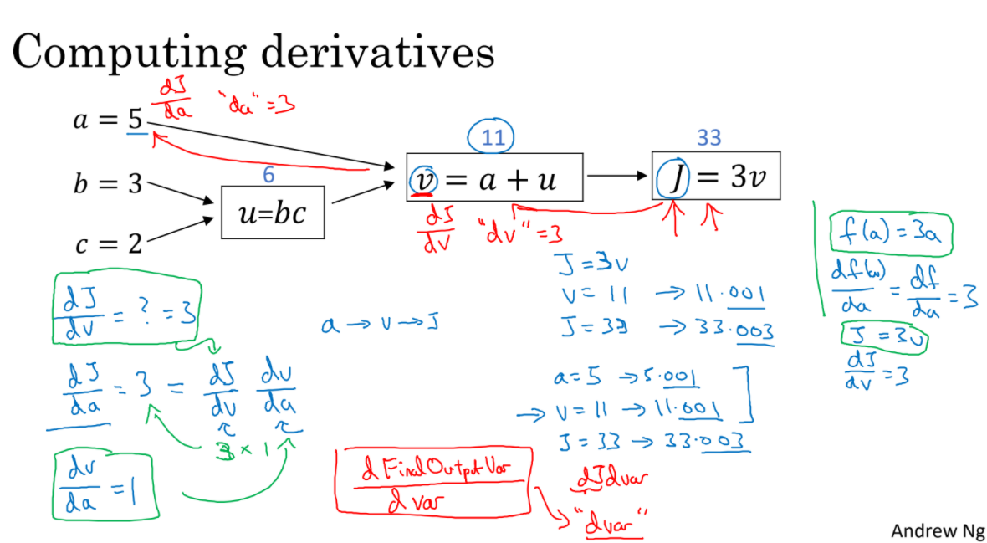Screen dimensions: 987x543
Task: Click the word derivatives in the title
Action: pyautogui.click(x=376, y=52)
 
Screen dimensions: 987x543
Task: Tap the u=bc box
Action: pyautogui.click(x=273, y=213)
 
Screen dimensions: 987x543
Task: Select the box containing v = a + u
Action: pyautogui.click(x=493, y=177)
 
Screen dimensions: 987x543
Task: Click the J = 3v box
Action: pyautogui.click(x=716, y=176)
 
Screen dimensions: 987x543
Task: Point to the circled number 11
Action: pyautogui.click(x=494, y=137)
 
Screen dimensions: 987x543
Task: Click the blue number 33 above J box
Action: pyautogui.click(x=708, y=138)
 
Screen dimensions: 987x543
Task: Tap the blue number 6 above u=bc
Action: pyautogui.click(x=267, y=174)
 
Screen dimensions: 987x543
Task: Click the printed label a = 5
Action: pyautogui.click(x=109, y=122)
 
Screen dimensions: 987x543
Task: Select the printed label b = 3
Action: pyautogui.click(x=109, y=184)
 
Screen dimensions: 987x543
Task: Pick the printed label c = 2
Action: pyautogui.click(x=109, y=244)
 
